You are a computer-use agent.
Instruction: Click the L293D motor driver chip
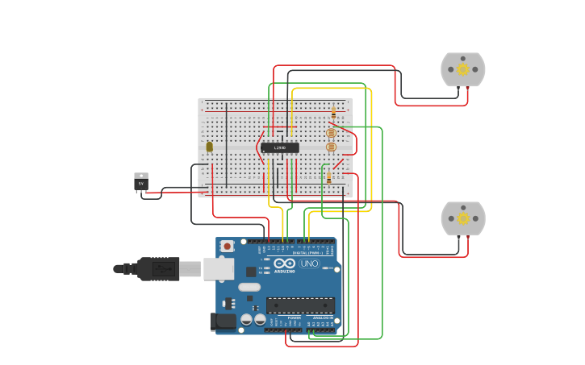click(x=279, y=147)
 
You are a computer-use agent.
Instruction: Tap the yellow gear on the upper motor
click(x=463, y=69)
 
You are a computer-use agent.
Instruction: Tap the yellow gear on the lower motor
click(x=463, y=218)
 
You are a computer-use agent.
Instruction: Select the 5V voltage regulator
click(x=141, y=182)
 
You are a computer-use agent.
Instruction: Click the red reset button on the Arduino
click(x=228, y=246)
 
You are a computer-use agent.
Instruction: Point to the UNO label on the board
click(x=309, y=263)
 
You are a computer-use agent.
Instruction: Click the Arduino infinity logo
click(x=285, y=263)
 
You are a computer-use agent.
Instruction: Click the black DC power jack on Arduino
click(x=224, y=321)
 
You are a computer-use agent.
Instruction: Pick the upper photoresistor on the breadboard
click(x=331, y=133)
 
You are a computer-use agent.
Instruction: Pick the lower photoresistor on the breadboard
click(x=331, y=147)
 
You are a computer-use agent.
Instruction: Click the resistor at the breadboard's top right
click(x=333, y=112)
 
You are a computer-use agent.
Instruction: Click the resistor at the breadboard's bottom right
click(x=328, y=176)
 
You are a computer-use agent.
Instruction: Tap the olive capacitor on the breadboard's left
click(x=210, y=147)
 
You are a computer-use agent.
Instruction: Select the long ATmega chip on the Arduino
click(x=300, y=305)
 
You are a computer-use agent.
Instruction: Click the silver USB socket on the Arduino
click(x=218, y=268)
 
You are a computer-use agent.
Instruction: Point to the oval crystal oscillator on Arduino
click(x=249, y=287)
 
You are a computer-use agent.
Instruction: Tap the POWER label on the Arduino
click(x=294, y=317)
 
